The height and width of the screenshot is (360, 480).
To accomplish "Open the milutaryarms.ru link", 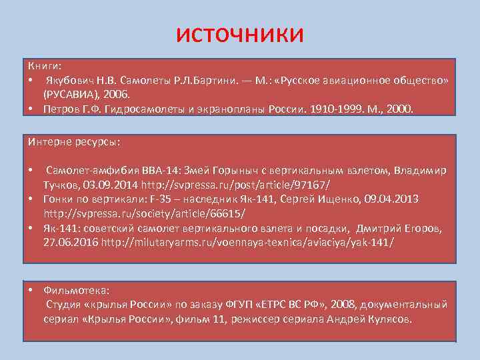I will click(248, 243).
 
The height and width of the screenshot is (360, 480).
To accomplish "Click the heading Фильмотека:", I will click(77, 291).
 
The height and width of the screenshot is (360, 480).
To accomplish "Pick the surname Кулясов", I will click(387, 319).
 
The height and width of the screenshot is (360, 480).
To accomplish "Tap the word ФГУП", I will click(271, 305).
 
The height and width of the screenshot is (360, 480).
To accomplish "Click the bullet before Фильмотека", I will click(31, 291).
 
